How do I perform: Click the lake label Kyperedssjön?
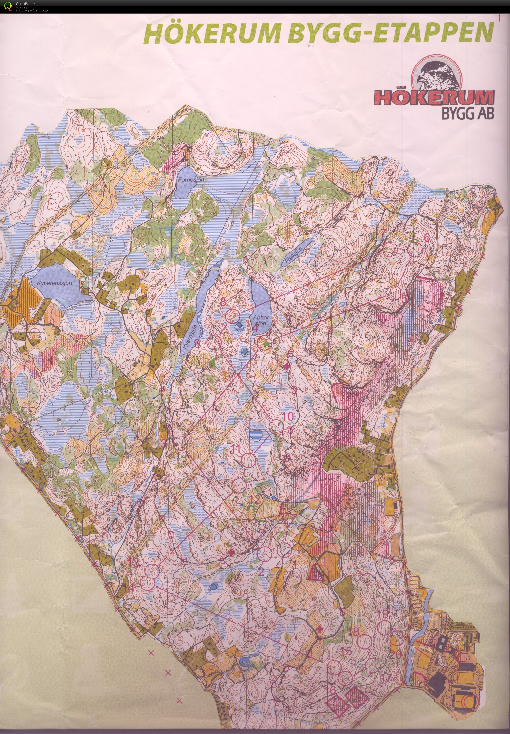[54, 283]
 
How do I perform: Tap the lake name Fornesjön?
[191, 180]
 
